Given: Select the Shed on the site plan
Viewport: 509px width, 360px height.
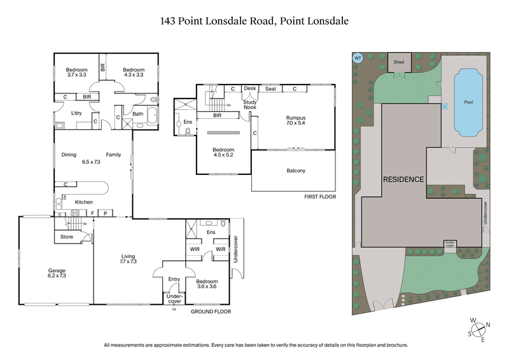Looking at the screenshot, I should [x=399, y=62].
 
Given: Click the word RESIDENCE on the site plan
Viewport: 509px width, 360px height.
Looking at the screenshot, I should [x=403, y=179].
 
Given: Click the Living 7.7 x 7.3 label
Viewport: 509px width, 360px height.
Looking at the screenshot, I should [x=129, y=260].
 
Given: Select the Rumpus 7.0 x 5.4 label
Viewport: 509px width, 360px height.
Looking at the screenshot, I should [x=296, y=121].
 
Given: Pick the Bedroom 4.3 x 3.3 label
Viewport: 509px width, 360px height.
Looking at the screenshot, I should [x=134, y=73].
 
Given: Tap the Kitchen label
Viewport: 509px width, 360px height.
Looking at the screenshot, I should [x=85, y=202].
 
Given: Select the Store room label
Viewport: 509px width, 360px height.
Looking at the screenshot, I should [x=67, y=237].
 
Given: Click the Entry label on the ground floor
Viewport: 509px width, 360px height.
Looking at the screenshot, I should [x=174, y=279].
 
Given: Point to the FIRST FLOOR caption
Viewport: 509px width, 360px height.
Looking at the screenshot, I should [x=319, y=197].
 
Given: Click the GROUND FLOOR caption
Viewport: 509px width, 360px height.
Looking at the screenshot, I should [x=211, y=312].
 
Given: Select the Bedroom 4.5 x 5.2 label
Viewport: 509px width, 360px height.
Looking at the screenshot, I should [x=223, y=153].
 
